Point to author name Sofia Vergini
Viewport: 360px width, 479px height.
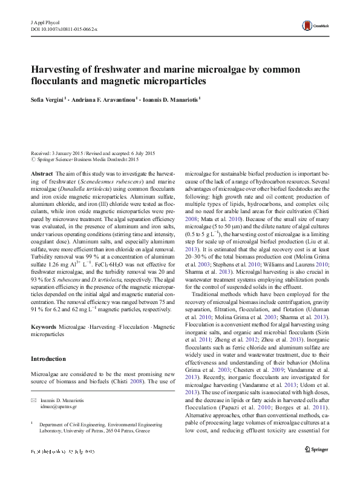pyautogui.click(x=48, y=97)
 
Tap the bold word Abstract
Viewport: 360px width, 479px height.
pyautogui.click(x=41, y=173)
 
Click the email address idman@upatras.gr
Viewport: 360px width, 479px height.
pyautogui.click(x=57, y=408)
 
